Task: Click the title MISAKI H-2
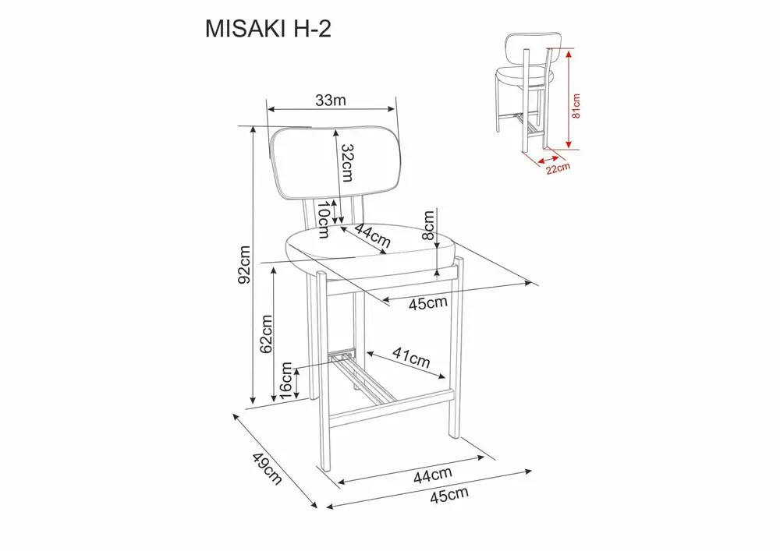pos(268,30)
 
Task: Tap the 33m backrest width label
pos(330,101)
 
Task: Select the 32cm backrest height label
pos(347,163)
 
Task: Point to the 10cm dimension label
pos(324,220)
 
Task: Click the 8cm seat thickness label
pos(428,225)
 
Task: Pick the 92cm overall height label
pos(244,264)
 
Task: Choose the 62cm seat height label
pos(267,334)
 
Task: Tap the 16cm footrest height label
pos(285,380)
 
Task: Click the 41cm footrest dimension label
pos(411,357)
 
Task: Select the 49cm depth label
pos(267,468)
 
